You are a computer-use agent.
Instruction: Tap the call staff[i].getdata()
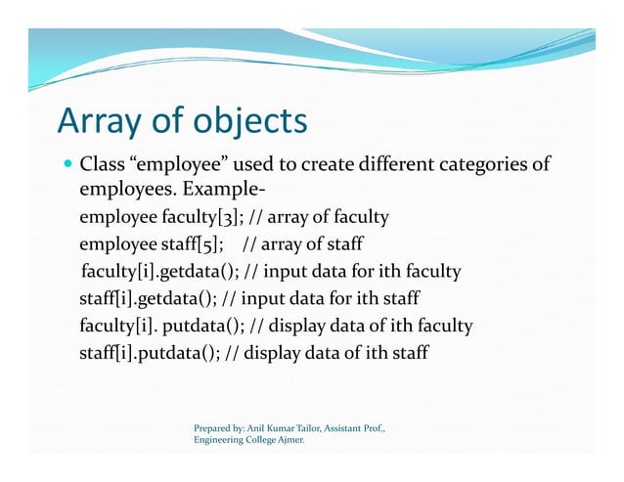pyautogui.click(x=148, y=298)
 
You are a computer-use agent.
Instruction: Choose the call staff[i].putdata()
pyautogui.click(x=148, y=352)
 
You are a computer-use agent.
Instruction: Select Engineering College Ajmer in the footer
pyautogui.click(x=248, y=441)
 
